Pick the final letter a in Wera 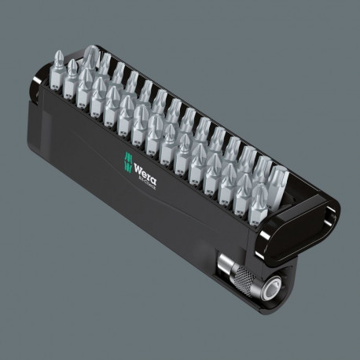tap(146, 171)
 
